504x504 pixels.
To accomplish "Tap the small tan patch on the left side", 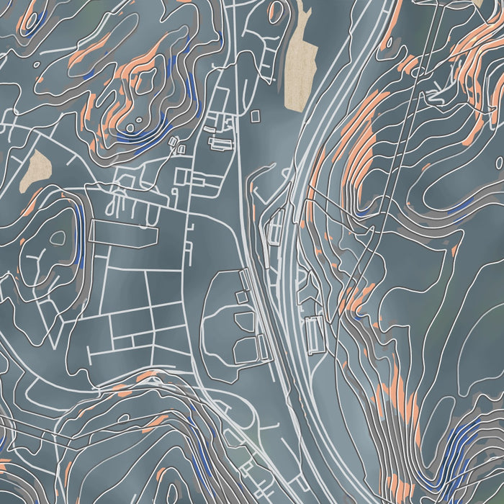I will tap(35, 171).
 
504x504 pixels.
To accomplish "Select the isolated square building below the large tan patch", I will tap(255, 114).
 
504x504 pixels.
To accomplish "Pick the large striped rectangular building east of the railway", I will tap(314, 334).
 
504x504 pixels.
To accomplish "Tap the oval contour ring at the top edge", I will tap(276, 10).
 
